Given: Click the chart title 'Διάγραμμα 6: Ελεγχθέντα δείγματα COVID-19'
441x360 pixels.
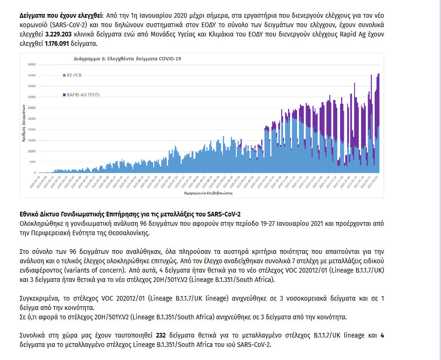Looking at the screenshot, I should pos(128,58).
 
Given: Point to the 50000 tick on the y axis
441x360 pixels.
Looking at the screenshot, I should pos(32,65).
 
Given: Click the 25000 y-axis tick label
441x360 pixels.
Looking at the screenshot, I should pos(32,119).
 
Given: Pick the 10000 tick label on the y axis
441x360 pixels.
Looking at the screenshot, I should pos(32,151).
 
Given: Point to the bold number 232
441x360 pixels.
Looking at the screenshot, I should pos(161,335).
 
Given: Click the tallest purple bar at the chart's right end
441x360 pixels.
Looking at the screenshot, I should pos(378,75).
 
